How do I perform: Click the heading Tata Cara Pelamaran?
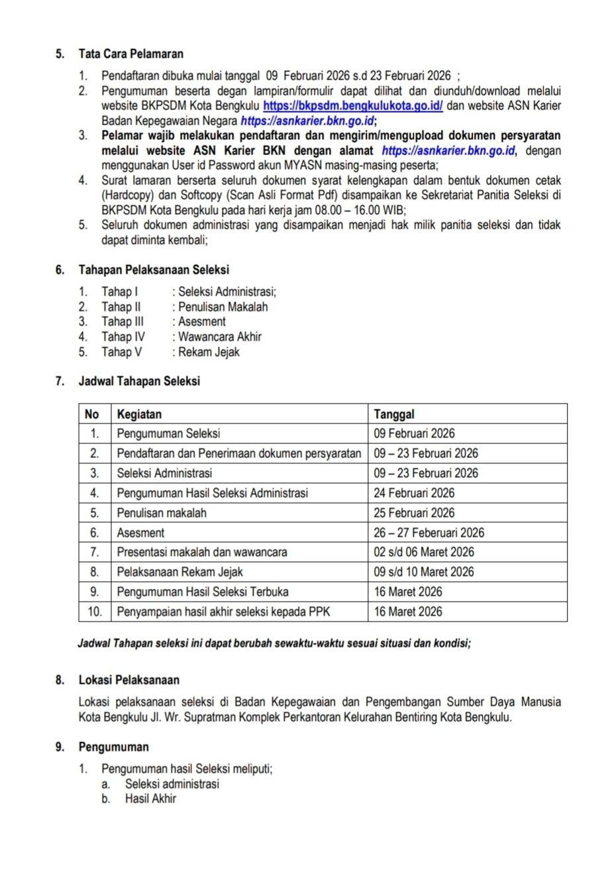(130, 54)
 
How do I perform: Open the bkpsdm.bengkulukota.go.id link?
(353, 106)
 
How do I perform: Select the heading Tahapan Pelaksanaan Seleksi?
(154, 270)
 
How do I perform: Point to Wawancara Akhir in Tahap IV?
(220, 337)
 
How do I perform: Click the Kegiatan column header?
(139, 414)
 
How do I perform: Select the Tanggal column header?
(394, 414)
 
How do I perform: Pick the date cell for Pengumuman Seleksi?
(414, 434)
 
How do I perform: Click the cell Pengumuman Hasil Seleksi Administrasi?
(212, 493)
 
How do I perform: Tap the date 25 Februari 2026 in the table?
(414, 513)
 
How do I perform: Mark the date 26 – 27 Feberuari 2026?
(429, 533)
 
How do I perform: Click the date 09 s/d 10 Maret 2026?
(424, 572)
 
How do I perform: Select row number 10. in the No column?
(95, 612)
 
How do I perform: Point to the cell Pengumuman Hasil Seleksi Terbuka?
(203, 592)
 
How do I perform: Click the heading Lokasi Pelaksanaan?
(128, 680)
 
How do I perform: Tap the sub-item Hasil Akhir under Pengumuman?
(150, 798)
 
